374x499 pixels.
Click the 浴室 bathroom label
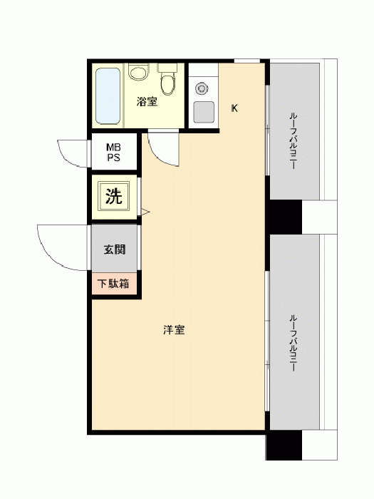coord(147,102)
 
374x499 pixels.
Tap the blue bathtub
coord(108,96)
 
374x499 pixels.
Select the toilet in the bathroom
coord(167,79)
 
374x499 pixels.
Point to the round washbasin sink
coord(139,71)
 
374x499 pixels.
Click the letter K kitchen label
coord(234,108)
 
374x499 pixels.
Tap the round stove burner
coord(202,88)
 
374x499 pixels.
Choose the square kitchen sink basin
coord(204,113)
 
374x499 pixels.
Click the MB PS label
coord(113,153)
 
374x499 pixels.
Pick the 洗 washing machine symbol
coord(114,196)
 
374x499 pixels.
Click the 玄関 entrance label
coord(115,249)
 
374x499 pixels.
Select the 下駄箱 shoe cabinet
coord(114,283)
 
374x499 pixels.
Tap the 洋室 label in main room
coord(174,329)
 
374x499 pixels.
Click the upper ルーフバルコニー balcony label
coord(293,140)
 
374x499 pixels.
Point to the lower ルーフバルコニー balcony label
coord(293,343)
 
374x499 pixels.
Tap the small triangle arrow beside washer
coord(145,212)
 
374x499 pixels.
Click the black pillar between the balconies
coord(284,217)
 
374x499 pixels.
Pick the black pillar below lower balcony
coord(284,445)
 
